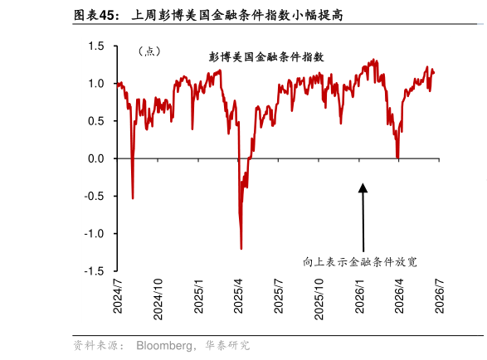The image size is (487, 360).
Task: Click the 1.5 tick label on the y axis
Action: pyautogui.click(x=96, y=46)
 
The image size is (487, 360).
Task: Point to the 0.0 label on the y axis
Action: pyautogui.click(x=96, y=158)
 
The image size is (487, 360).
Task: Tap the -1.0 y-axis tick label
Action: pyautogui.click(x=94, y=234)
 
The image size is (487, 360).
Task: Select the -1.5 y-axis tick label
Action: pyautogui.click(x=94, y=271)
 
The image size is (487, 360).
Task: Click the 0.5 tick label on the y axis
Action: pyautogui.click(x=96, y=121)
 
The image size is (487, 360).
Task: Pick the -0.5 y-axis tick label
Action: pyautogui.click(x=94, y=197)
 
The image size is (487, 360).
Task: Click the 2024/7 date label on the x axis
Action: pyautogui.click(x=118, y=296)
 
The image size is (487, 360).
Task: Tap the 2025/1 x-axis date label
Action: pyautogui.click(x=198, y=296)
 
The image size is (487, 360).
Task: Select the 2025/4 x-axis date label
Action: pyautogui.click(x=238, y=296)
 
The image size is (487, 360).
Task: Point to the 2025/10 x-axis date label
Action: pyautogui.click(x=319, y=299)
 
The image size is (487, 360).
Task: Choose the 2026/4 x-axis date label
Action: pyautogui.click(x=399, y=296)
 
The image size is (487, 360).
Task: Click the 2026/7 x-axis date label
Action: pyautogui.click(x=439, y=296)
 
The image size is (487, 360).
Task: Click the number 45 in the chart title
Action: pyautogui.click(x=106, y=16)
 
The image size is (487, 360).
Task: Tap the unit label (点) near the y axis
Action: pyautogui.click(x=149, y=51)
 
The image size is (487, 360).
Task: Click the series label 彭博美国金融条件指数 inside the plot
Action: pyautogui.click(x=266, y=57)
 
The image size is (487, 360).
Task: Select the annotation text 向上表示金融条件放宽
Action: pyautogui.click(x=360, y=262)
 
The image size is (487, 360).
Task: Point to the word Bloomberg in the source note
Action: pyautogui.click(x=163, y=345)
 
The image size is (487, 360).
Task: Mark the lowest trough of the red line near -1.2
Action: pyautogui.click(x=241, y=249)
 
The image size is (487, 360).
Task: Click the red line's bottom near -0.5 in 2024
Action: pyautogui.click(x=133, y=198)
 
